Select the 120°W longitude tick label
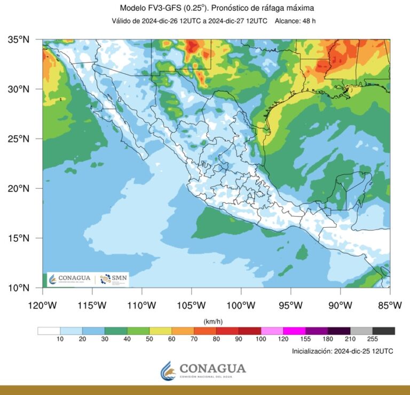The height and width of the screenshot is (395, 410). pos(42,305)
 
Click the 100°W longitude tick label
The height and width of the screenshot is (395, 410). pos(241,305)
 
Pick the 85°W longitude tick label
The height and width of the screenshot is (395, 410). pos(390,305)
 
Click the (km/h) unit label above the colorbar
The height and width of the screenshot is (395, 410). pos(213,321)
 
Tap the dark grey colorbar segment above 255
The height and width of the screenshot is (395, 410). pos(383,330)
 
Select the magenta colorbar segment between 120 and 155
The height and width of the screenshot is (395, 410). pos(294,330)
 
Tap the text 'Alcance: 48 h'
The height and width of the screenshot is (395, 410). pos(297,21)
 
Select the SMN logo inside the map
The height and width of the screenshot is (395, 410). pos(113,280)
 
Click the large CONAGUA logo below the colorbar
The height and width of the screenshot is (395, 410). pos(204,369)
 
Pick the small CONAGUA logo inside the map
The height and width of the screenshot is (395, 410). pos(70,280)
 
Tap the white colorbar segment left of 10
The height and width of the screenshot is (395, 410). pos(49,330)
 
